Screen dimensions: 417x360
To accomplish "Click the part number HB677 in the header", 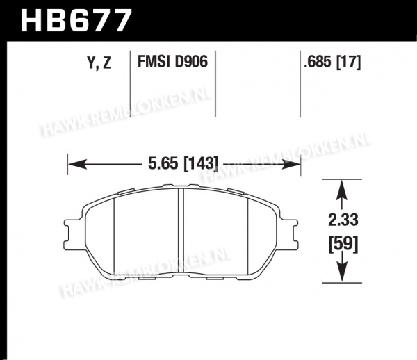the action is coord(76,20).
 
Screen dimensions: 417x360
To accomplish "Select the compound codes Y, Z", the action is coord(99,63).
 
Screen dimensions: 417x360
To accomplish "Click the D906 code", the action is coord(191,62).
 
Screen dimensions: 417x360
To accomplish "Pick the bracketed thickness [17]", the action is coord(349,63).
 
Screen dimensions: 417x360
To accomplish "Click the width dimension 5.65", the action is coord(163,163).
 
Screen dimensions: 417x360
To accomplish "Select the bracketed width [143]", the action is coord(201,163).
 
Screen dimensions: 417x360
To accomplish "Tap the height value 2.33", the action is coord(343,220).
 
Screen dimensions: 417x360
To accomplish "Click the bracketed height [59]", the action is coord(343,243).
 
